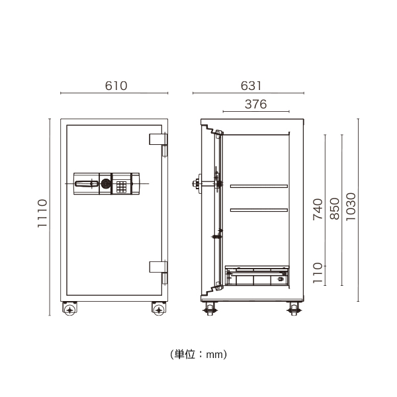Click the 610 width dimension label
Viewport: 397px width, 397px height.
[x=116, y=86]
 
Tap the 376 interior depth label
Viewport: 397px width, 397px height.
[x=255, y=103]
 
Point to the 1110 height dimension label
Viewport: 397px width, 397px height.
[x=42, y=214]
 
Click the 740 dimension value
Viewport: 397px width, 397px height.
[x=318, y=209]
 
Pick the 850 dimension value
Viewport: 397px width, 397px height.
[x=334, y=209]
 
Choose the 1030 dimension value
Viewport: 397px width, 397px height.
[x=351, y=209]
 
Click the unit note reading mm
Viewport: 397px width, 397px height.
[x=198, y=355]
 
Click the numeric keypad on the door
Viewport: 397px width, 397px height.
[x=121, y=185]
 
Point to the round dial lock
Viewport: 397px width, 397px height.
[x=106, y=184]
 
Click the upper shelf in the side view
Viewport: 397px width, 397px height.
[x=257, y=187]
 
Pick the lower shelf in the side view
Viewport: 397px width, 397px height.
[x=257, y=210]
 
